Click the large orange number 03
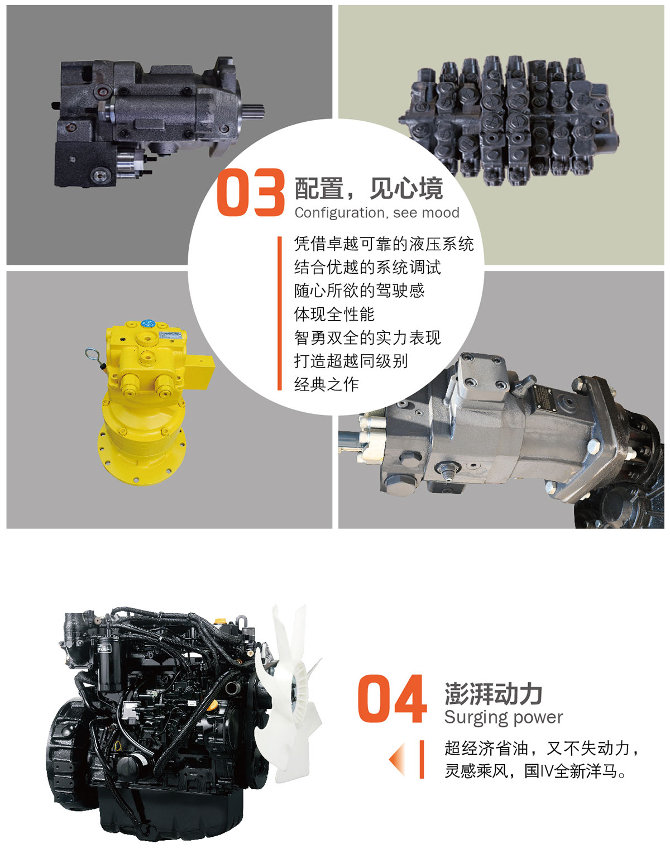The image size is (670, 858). tap(251, 192)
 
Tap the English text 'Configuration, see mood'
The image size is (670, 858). tap(377, 213)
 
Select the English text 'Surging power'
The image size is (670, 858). tap(504, 718)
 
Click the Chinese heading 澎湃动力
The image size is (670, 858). tap(493, 694)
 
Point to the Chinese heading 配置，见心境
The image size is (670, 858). tap(369, 188)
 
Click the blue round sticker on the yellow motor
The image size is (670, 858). tap(147, 323)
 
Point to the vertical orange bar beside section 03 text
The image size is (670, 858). tap(279, 313)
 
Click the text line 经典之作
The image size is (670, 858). tap(326, 384)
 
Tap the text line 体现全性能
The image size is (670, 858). tap(334, 314)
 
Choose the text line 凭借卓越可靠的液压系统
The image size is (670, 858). tap(384, 244)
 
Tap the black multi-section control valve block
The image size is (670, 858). tap(509, 121)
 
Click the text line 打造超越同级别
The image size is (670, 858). tap(351, 361)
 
